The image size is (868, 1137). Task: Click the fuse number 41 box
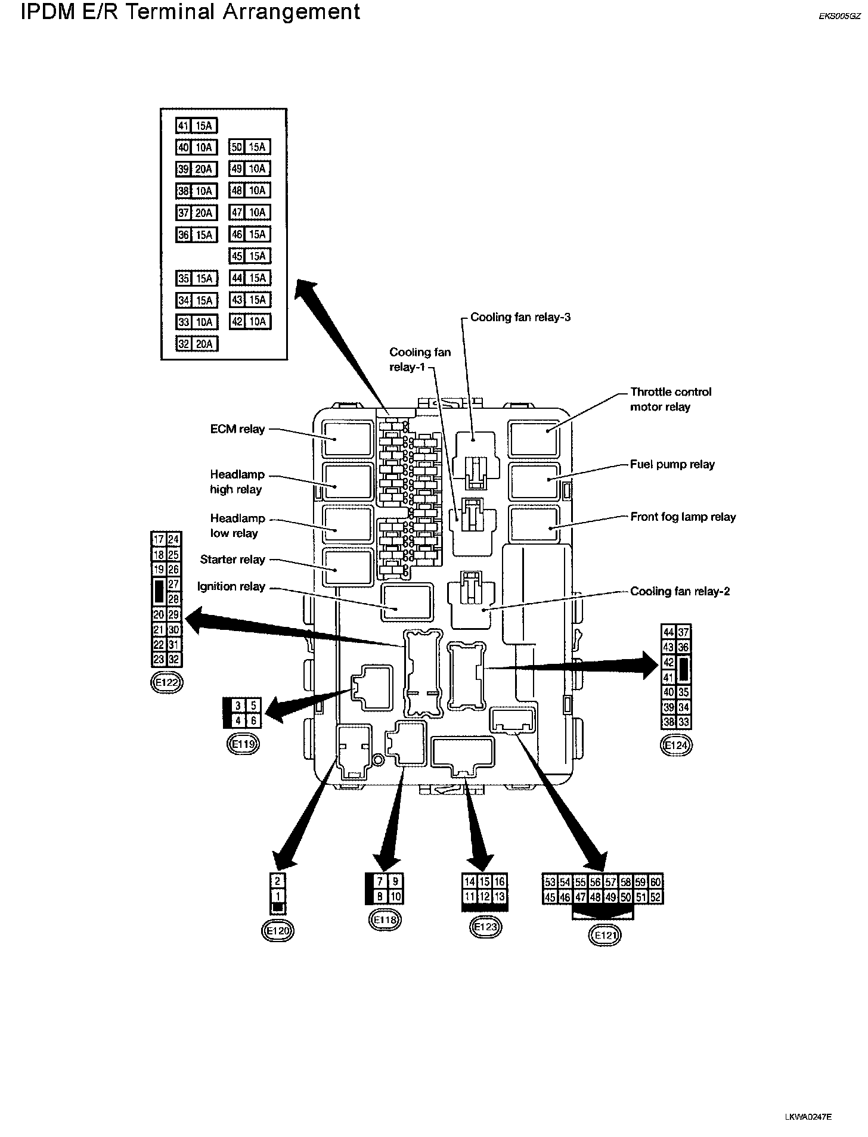(183, 126)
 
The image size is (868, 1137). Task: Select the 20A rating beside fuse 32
(204, 344)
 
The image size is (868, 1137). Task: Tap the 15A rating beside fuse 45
(258, 256)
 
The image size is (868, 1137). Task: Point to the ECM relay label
(237, 429)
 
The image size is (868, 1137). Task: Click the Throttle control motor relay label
(671, 399)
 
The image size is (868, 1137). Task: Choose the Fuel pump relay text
(672, 464)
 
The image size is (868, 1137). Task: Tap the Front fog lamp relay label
(683, 517)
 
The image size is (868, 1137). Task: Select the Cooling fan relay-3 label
(520, 317)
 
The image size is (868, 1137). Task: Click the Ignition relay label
(231, 586)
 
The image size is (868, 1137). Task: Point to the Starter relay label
(232, 560)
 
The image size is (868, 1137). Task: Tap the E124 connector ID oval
(676, 745)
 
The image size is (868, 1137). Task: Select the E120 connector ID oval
(278, 930)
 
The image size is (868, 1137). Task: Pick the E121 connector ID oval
(605, 936)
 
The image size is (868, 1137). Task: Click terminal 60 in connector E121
(655, 882)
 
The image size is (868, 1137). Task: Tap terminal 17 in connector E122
(159, 540)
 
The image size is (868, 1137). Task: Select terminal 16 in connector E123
(500, 882)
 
